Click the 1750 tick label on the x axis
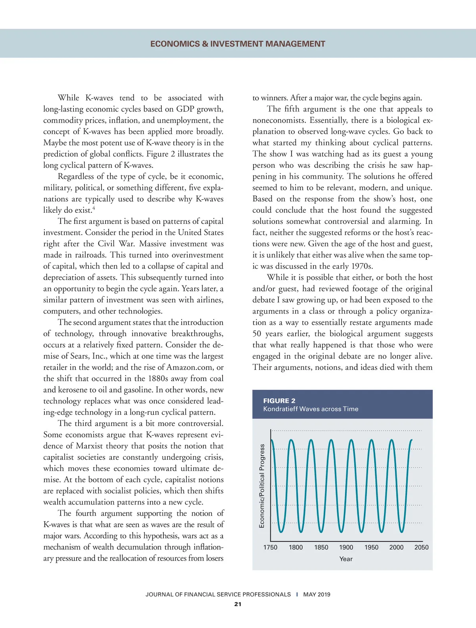270,547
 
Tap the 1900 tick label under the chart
346,547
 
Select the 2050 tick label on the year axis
421,547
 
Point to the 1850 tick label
321,547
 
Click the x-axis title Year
346,559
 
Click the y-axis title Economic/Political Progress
262,486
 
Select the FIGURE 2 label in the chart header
279,401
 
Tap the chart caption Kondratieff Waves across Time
311,409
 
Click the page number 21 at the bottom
238,604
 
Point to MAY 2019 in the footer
317,594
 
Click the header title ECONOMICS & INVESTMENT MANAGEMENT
238,44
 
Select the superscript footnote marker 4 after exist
94,208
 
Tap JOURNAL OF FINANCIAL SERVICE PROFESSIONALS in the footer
218,594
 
